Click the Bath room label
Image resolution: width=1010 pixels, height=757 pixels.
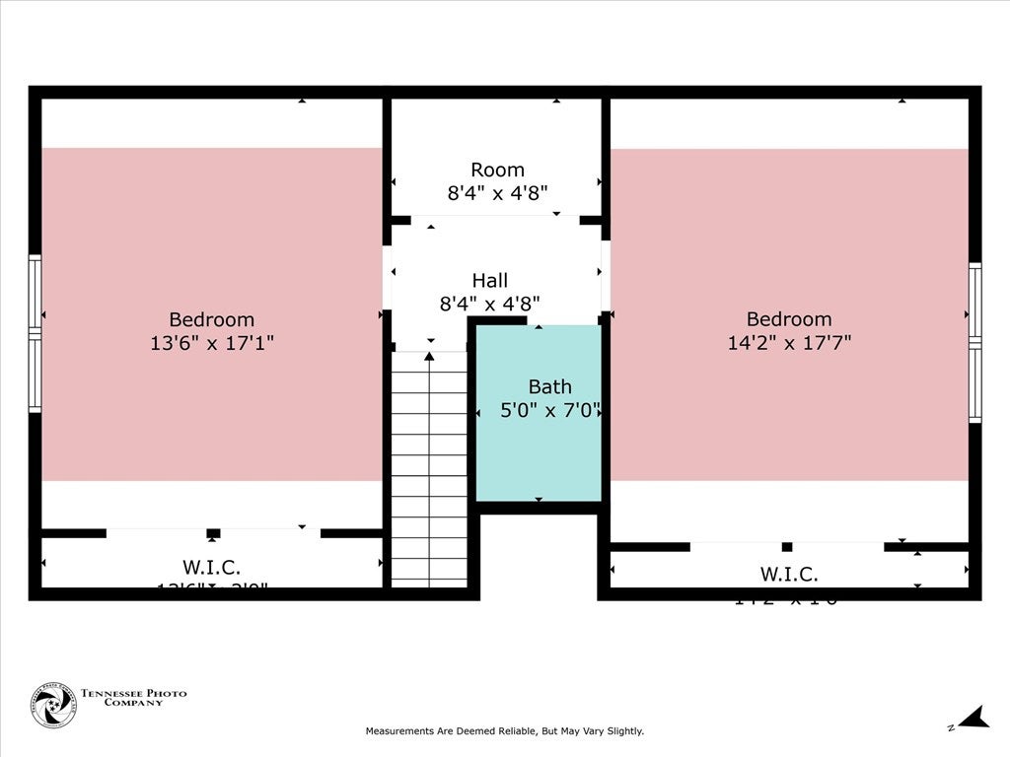[x=549, y=387]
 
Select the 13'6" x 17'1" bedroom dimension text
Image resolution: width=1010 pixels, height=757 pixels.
[x=210, y=343]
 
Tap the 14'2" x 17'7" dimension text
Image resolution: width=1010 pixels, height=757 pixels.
[x=788, y=342]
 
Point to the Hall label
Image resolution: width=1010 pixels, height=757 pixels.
[x=489, y=281]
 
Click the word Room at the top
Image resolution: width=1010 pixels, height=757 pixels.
[x=497, y=170]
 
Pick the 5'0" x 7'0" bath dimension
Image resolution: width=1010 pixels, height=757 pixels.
[x=550, y=411]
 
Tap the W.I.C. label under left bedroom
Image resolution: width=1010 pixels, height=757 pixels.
[x=211, y=567]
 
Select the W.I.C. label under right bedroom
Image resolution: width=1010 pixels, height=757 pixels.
[x=788, y=574]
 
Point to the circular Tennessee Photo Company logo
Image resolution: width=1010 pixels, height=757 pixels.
[x=53, y=705]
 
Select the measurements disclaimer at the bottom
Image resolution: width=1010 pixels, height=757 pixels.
[x=504, y=731]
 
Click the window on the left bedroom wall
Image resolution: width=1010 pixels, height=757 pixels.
[x=36, y=333]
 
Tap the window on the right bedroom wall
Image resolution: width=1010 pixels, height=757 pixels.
[x=974, y=342]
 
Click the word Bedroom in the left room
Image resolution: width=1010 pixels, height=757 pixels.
[x=211, y=319]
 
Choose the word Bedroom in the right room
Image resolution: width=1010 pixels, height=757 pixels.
[x=788, y=318]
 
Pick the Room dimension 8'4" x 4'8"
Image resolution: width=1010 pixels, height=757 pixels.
[x=497, y=193]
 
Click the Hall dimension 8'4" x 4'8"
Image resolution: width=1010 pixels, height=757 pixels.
[x=489, y=305]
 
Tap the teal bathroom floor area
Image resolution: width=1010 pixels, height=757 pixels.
[x=538, y=463]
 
